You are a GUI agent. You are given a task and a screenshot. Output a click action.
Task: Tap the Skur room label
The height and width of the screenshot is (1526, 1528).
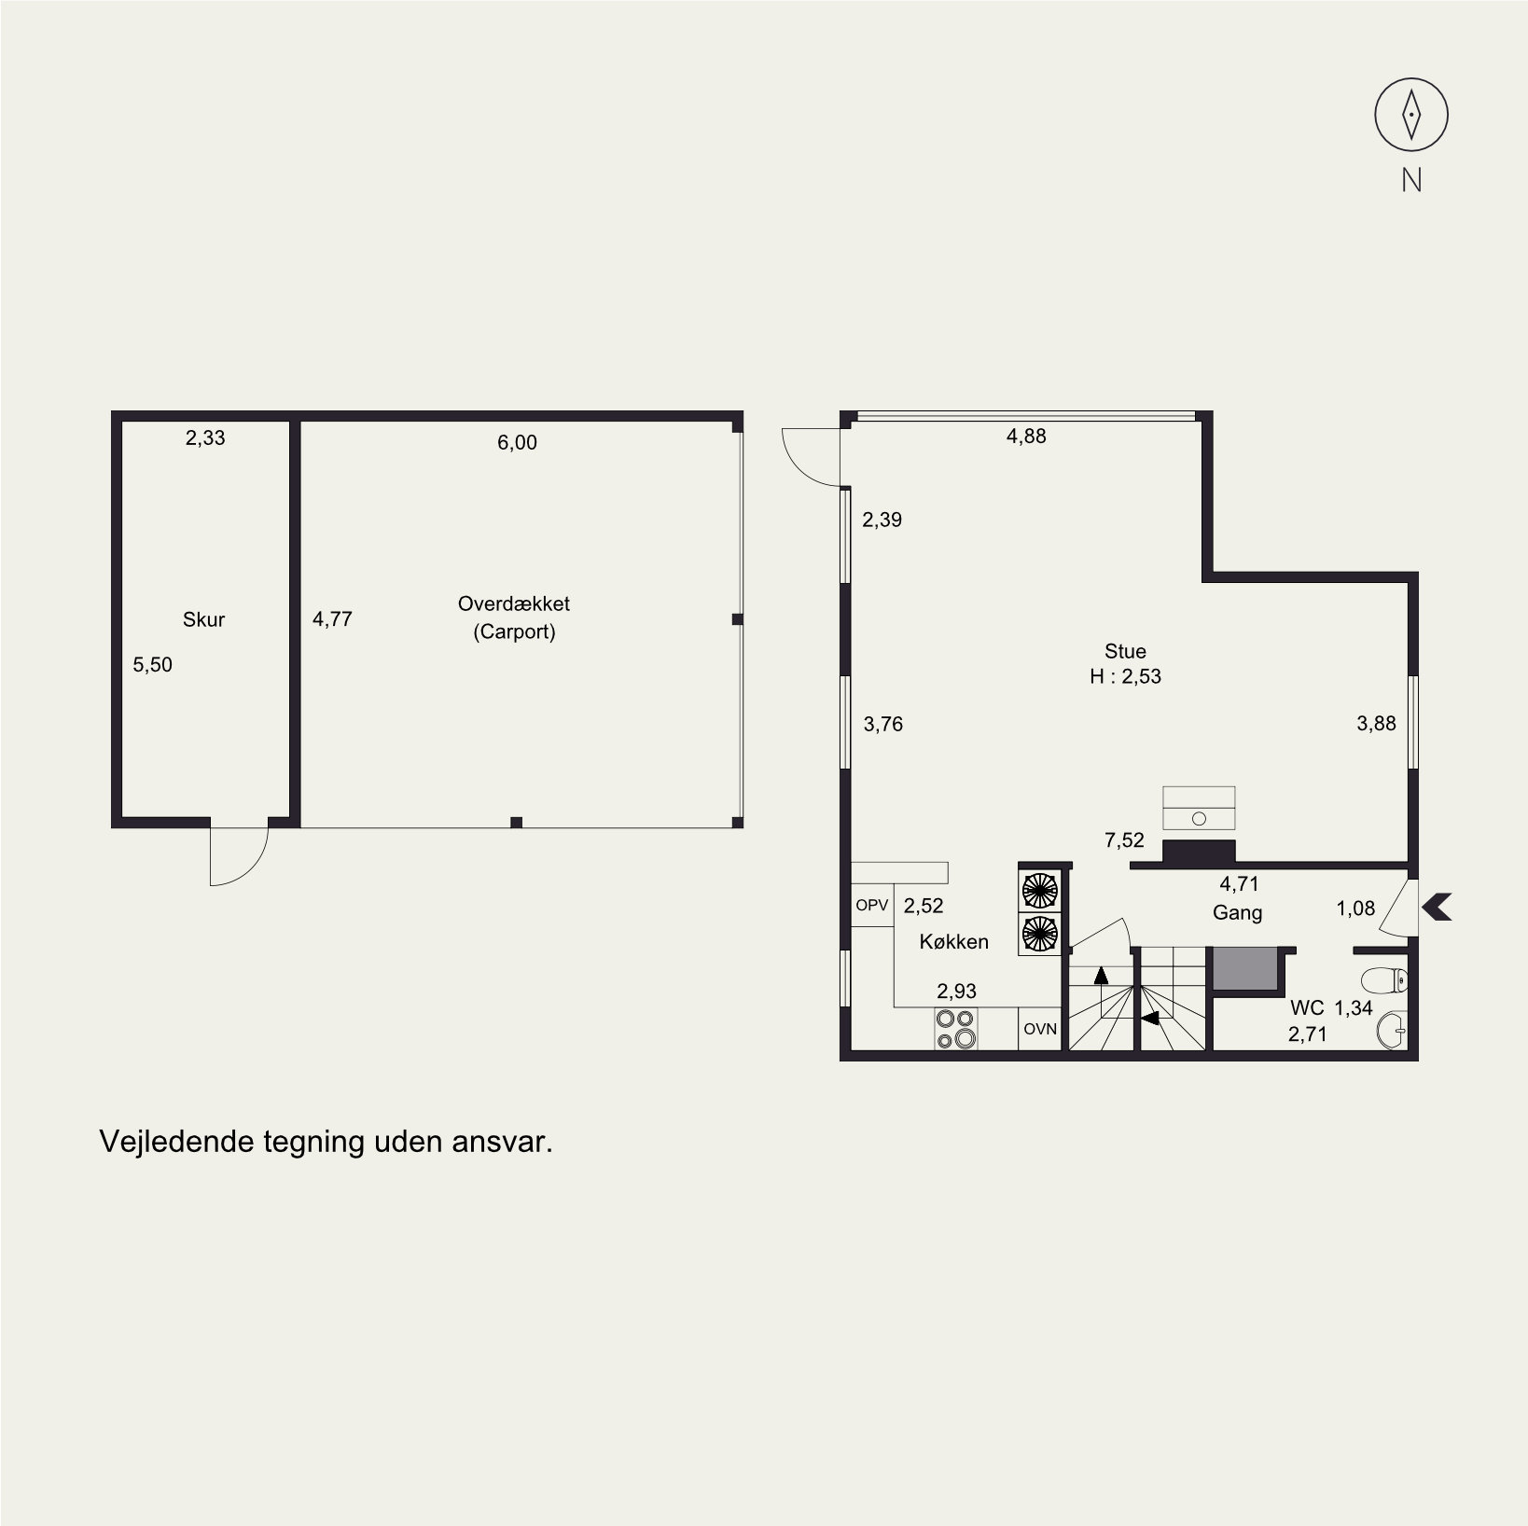click(x=203, y=619)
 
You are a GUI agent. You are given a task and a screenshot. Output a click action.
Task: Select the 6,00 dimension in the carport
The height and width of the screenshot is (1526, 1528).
click(x=517, y=442)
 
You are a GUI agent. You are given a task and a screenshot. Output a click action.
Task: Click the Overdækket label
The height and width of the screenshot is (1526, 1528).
click(x=514, y=603)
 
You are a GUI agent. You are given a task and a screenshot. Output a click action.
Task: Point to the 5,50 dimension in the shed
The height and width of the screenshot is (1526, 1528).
click(x=153, y=664)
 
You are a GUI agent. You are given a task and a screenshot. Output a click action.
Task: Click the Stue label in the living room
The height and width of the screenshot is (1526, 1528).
click(x=1125, y=651)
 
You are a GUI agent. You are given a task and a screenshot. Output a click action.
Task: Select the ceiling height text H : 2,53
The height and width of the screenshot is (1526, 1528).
click(x=1125, y=677)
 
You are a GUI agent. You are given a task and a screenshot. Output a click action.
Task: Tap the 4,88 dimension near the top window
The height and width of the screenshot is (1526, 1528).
click(x=1026, y=436)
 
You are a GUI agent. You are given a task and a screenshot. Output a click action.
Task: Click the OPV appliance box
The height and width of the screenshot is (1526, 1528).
click(x=872, y=905)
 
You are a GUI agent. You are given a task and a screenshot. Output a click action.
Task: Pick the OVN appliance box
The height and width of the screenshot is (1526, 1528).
click(x=1040, y=1029)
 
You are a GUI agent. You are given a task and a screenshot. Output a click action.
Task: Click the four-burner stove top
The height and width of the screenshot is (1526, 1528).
click(x=956, y=1029)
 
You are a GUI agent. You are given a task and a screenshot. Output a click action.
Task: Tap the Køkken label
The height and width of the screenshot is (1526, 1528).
click(x=953, y=942)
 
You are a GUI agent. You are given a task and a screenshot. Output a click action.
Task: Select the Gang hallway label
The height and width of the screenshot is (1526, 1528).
click(x=1237, y=912)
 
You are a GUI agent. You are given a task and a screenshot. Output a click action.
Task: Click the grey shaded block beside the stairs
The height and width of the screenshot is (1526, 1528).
click(x=1245, y=968)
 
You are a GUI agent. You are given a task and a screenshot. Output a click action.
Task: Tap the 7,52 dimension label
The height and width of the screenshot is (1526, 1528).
click(x=1124, y=840)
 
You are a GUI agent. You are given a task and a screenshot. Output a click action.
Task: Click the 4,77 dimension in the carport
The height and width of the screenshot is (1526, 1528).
click(x=332, y=618)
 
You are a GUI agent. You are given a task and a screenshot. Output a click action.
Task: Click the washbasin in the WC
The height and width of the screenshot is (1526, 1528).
click(x=1392, y=1031)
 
